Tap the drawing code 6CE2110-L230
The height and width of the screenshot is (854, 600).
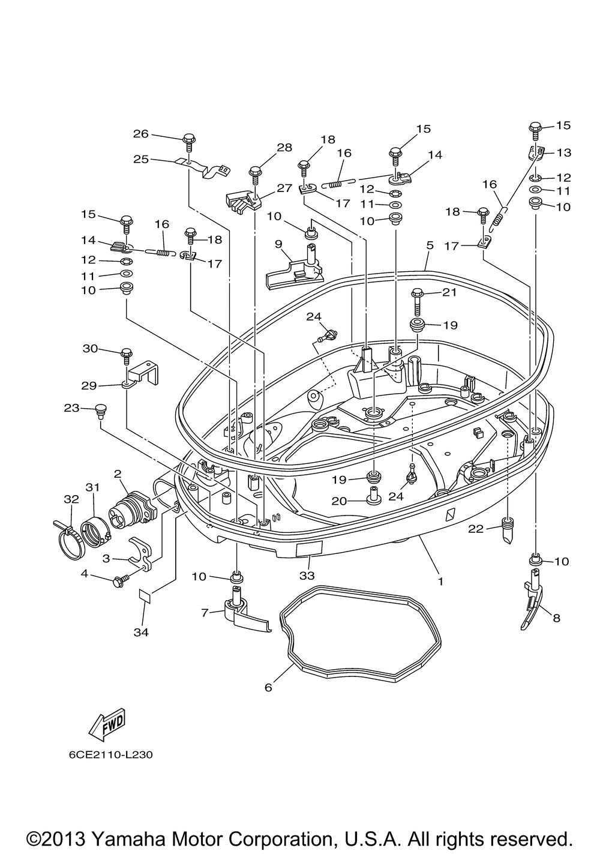pyautogui.click(x=111, y=755)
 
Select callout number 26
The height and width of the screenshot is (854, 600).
pyautogui.click(x=140, y=134)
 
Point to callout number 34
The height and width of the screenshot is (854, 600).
pyautogui.click(x=141, y=632)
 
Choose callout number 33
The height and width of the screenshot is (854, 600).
pyautogui.click(x=307, y=576)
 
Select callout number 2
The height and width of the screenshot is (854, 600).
pyautogui.click(x=118, y=474)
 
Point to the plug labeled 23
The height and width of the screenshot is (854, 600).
pyautogui.click(x=101, y=411)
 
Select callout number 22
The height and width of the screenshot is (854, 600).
pyautogui.click(x=476, y=528)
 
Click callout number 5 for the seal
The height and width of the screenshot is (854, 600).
pyautogui.click(x=430, y=245)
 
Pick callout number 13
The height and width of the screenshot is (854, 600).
pyautogui.click(x=564, y=152)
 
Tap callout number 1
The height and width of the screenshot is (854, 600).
pyautogui.click(x=440, y=582)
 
